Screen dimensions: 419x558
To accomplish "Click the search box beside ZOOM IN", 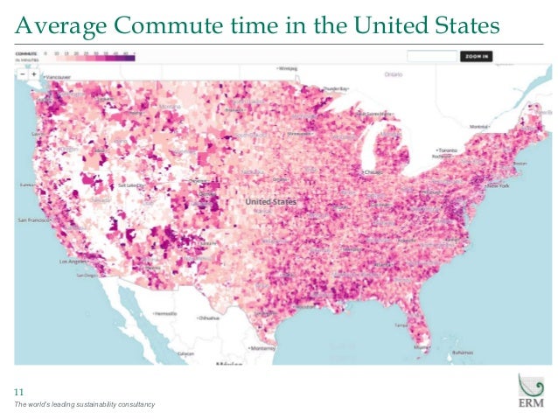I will coord(433,56).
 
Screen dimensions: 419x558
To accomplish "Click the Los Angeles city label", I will coord(73,262).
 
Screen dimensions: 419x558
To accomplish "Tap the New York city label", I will coord(498,186).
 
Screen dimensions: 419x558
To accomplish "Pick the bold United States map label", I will coord(270,202).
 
